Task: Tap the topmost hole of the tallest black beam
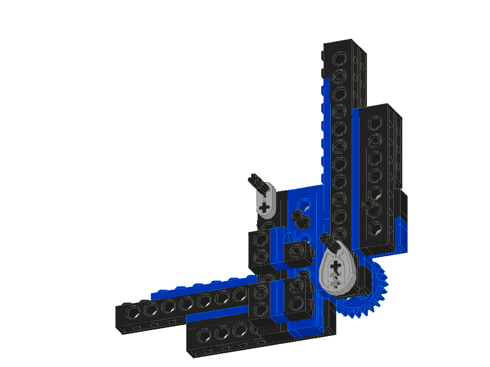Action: pos(339,59)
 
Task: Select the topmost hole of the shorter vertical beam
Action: pos(375,124)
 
